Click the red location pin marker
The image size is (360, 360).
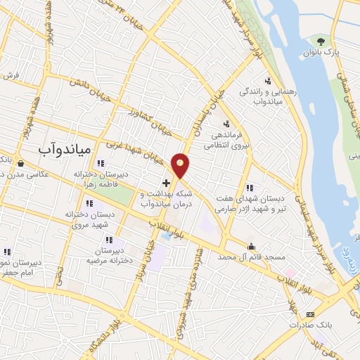pyautogui.click(x=181, y=165)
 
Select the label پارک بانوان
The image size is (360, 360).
pyautogui.click(x=326, y=53)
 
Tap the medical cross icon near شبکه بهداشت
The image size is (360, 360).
pyautogui.click(x=166, y=183)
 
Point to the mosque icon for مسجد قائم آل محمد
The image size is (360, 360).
pyautogui.click(x=252, y=245)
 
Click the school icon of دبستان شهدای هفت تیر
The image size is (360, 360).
pyautogui.click(x=250, y=187)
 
